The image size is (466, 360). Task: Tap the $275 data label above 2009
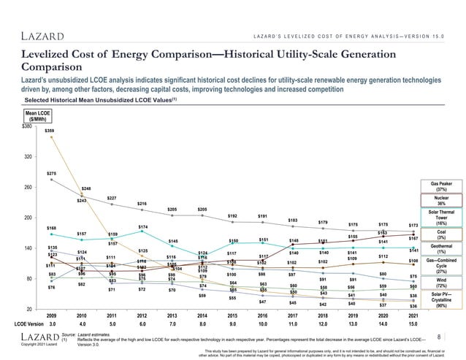tap(51, 173)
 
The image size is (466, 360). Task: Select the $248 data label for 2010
tap(86, 188)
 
